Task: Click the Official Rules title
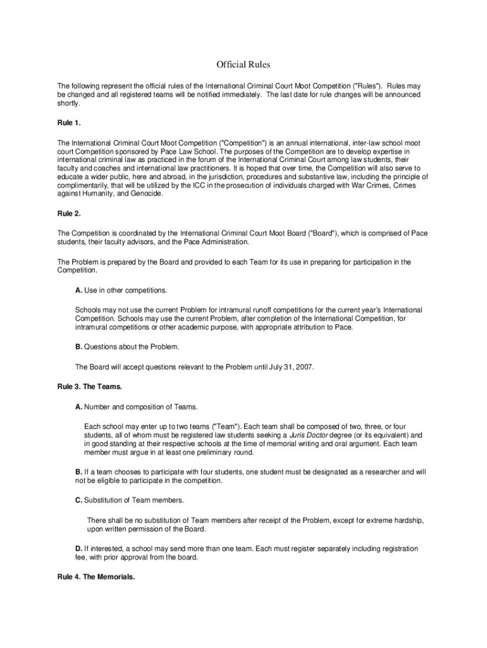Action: (x=243, y=65)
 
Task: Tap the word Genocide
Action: (x=145, y=194)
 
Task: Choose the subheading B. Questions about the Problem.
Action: (x=127, y=347)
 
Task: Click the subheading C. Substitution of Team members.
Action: (x=130, y=501)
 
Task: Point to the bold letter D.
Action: (x=78, y=548)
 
